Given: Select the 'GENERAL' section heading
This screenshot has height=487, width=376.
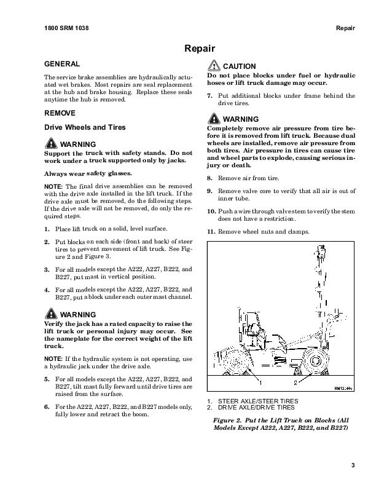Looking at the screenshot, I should (62, 64).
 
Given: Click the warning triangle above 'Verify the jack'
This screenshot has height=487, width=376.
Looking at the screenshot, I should (51, 314).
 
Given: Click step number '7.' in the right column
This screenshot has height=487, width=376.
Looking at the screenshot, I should (210, 95).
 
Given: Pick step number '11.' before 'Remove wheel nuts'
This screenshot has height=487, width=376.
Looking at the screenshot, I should (211, 231).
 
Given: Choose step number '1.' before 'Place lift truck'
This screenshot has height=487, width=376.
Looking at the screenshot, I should (47, 229).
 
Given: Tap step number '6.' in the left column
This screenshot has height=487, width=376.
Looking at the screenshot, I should (47, 407).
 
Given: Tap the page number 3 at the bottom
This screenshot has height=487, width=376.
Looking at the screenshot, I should (353, 464).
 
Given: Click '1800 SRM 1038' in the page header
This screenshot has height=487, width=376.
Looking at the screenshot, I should (66, 29).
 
